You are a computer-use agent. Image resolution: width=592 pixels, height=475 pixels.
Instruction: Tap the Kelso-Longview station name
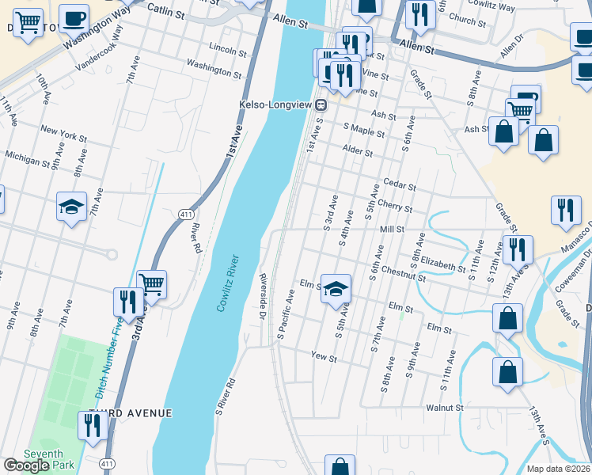(275, 104)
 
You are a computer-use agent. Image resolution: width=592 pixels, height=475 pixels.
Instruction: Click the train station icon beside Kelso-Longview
(321, 104)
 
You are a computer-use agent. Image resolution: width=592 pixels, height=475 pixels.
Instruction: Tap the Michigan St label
(26, 161)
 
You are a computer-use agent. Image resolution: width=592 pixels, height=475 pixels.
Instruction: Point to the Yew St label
(324, 358)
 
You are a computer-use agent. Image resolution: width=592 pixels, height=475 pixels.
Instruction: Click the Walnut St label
(443, 408)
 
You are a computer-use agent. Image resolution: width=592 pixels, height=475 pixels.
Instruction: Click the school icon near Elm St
(336, 288)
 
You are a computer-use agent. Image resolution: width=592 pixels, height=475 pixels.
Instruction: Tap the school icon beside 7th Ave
(71, 207)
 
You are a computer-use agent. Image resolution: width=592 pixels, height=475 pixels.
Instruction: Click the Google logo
(26, 465)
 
